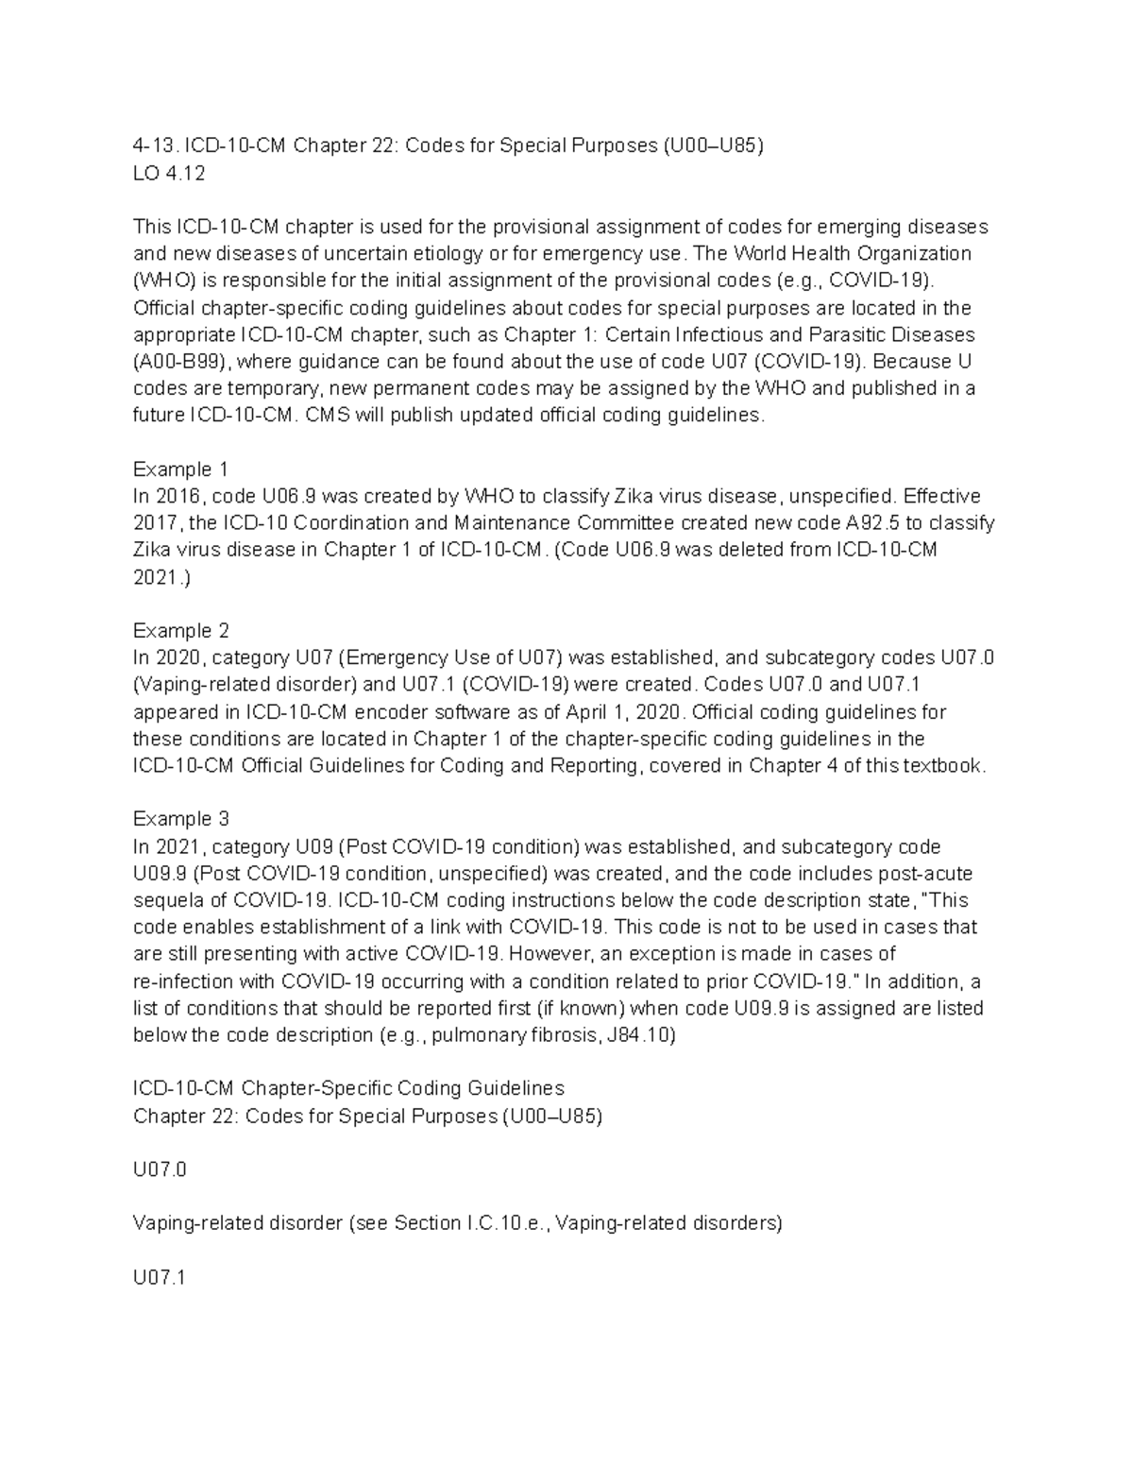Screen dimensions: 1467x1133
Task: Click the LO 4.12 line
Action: [x=169, y=174]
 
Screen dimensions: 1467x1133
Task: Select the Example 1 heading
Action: [x=180, y=469]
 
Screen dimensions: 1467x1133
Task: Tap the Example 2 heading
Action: [x=180, y=630]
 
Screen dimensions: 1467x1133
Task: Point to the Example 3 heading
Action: [x=180, y=818]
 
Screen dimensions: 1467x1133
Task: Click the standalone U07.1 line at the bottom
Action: [x=160, y=1278]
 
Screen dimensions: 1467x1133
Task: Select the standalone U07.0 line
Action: [x=160, y=1170]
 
